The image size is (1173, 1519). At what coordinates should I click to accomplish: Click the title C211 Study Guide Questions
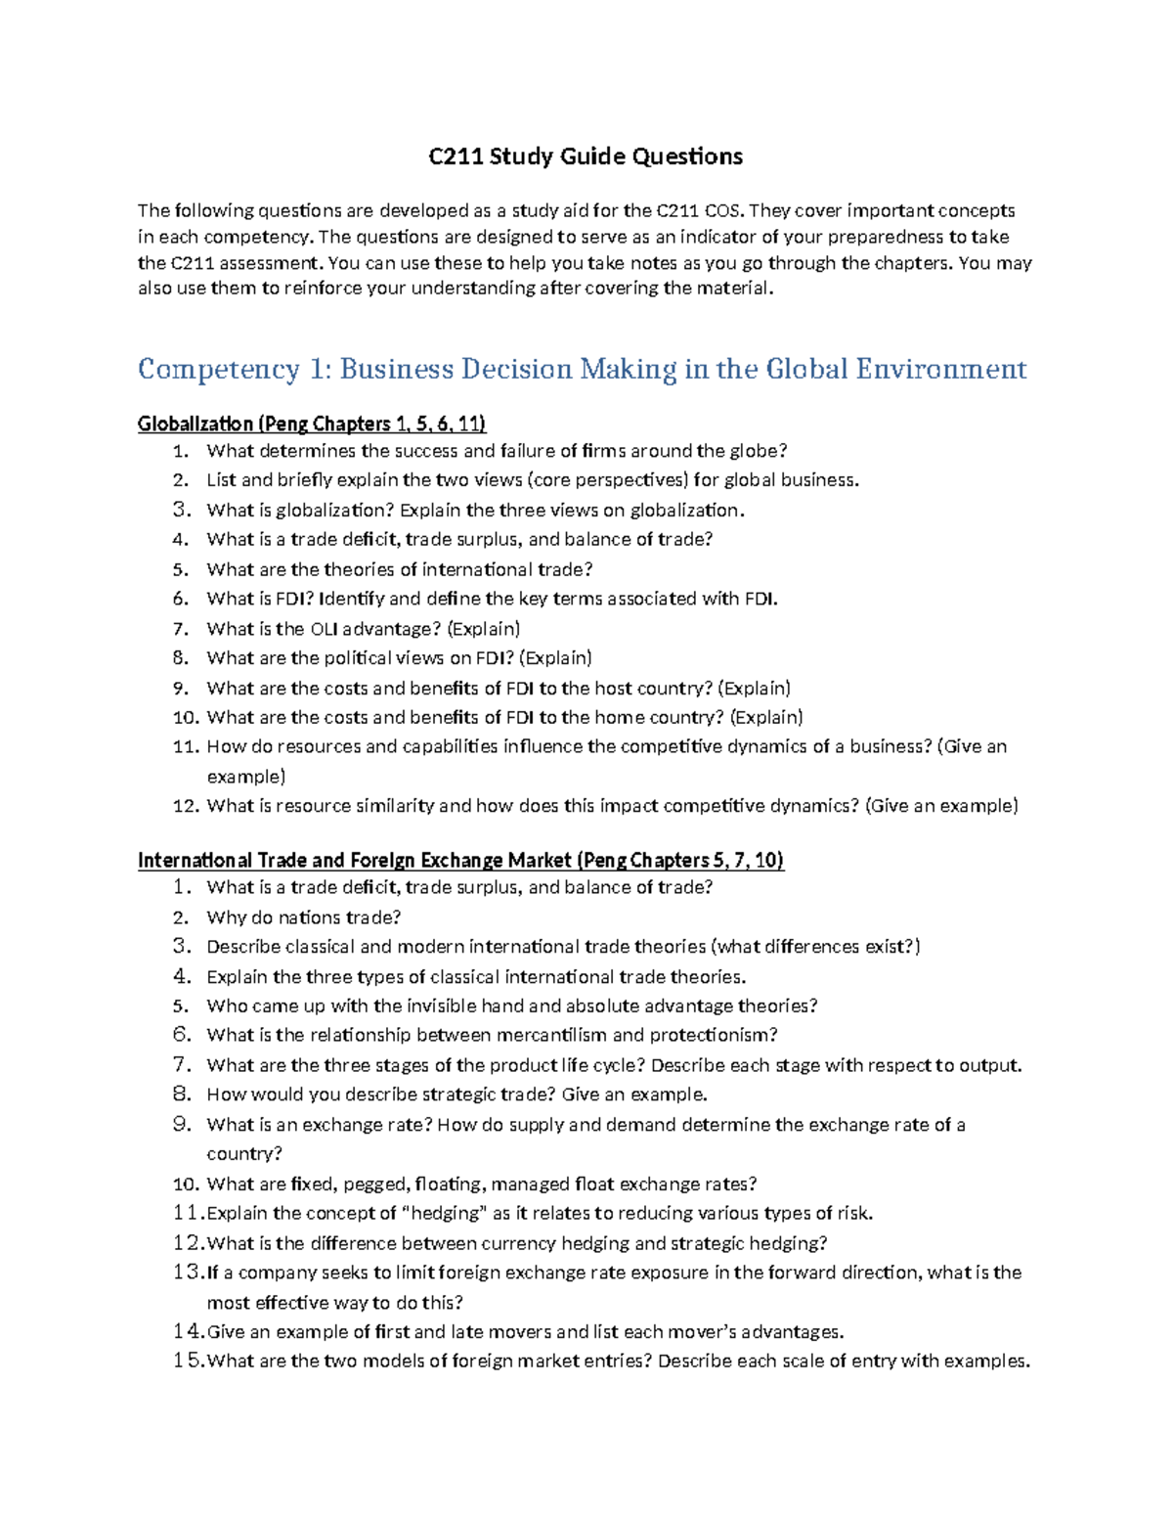[586, 156]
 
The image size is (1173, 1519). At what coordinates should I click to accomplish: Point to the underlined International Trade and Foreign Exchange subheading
[460, 860]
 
